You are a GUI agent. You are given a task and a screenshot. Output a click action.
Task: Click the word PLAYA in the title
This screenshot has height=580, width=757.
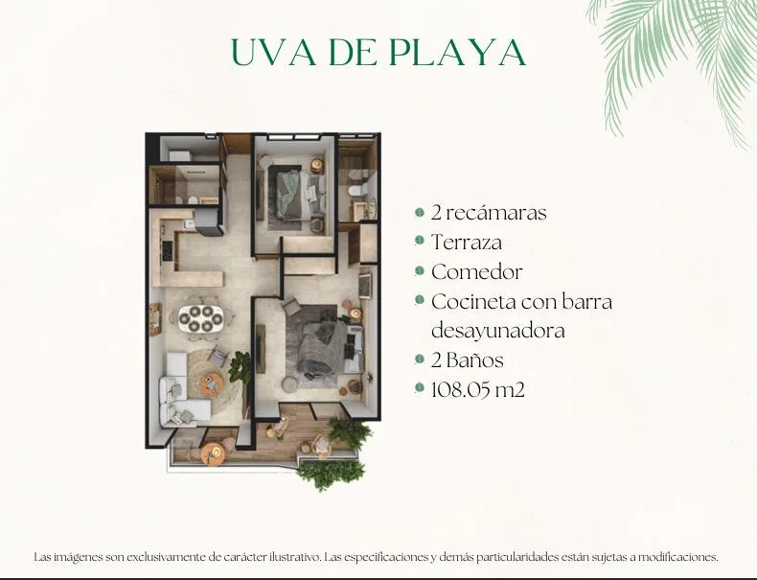pos(457,52)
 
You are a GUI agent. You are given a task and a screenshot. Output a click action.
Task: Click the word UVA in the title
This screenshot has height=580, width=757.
pos(274,52)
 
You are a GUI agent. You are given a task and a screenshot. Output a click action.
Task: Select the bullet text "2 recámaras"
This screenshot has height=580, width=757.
pos(489,213)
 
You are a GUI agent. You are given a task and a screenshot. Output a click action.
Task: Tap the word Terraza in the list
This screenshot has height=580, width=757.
pos(467,243)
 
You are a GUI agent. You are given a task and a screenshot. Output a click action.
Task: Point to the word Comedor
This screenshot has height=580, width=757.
pos(477,272)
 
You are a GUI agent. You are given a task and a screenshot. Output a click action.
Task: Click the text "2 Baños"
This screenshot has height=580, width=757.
pos(468,360)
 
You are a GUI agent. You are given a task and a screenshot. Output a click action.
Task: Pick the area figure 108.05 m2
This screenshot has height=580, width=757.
pos(477,389)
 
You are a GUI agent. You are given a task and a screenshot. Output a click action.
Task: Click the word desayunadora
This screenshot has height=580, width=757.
pos(497,332)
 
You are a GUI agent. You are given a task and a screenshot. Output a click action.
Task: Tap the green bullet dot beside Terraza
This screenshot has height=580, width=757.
pos(420,241)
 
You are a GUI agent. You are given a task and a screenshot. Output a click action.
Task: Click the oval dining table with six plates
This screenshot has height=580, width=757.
pos(201,318)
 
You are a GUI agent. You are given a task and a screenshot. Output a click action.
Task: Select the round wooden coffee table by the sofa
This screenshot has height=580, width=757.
pos(212,383)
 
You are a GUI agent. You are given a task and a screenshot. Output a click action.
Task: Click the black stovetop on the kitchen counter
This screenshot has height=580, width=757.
pos(168,250)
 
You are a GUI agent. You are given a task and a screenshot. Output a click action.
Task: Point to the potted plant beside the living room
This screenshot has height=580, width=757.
pos(240,367)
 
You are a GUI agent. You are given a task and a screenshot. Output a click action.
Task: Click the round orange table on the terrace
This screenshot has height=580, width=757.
pos(213,454)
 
